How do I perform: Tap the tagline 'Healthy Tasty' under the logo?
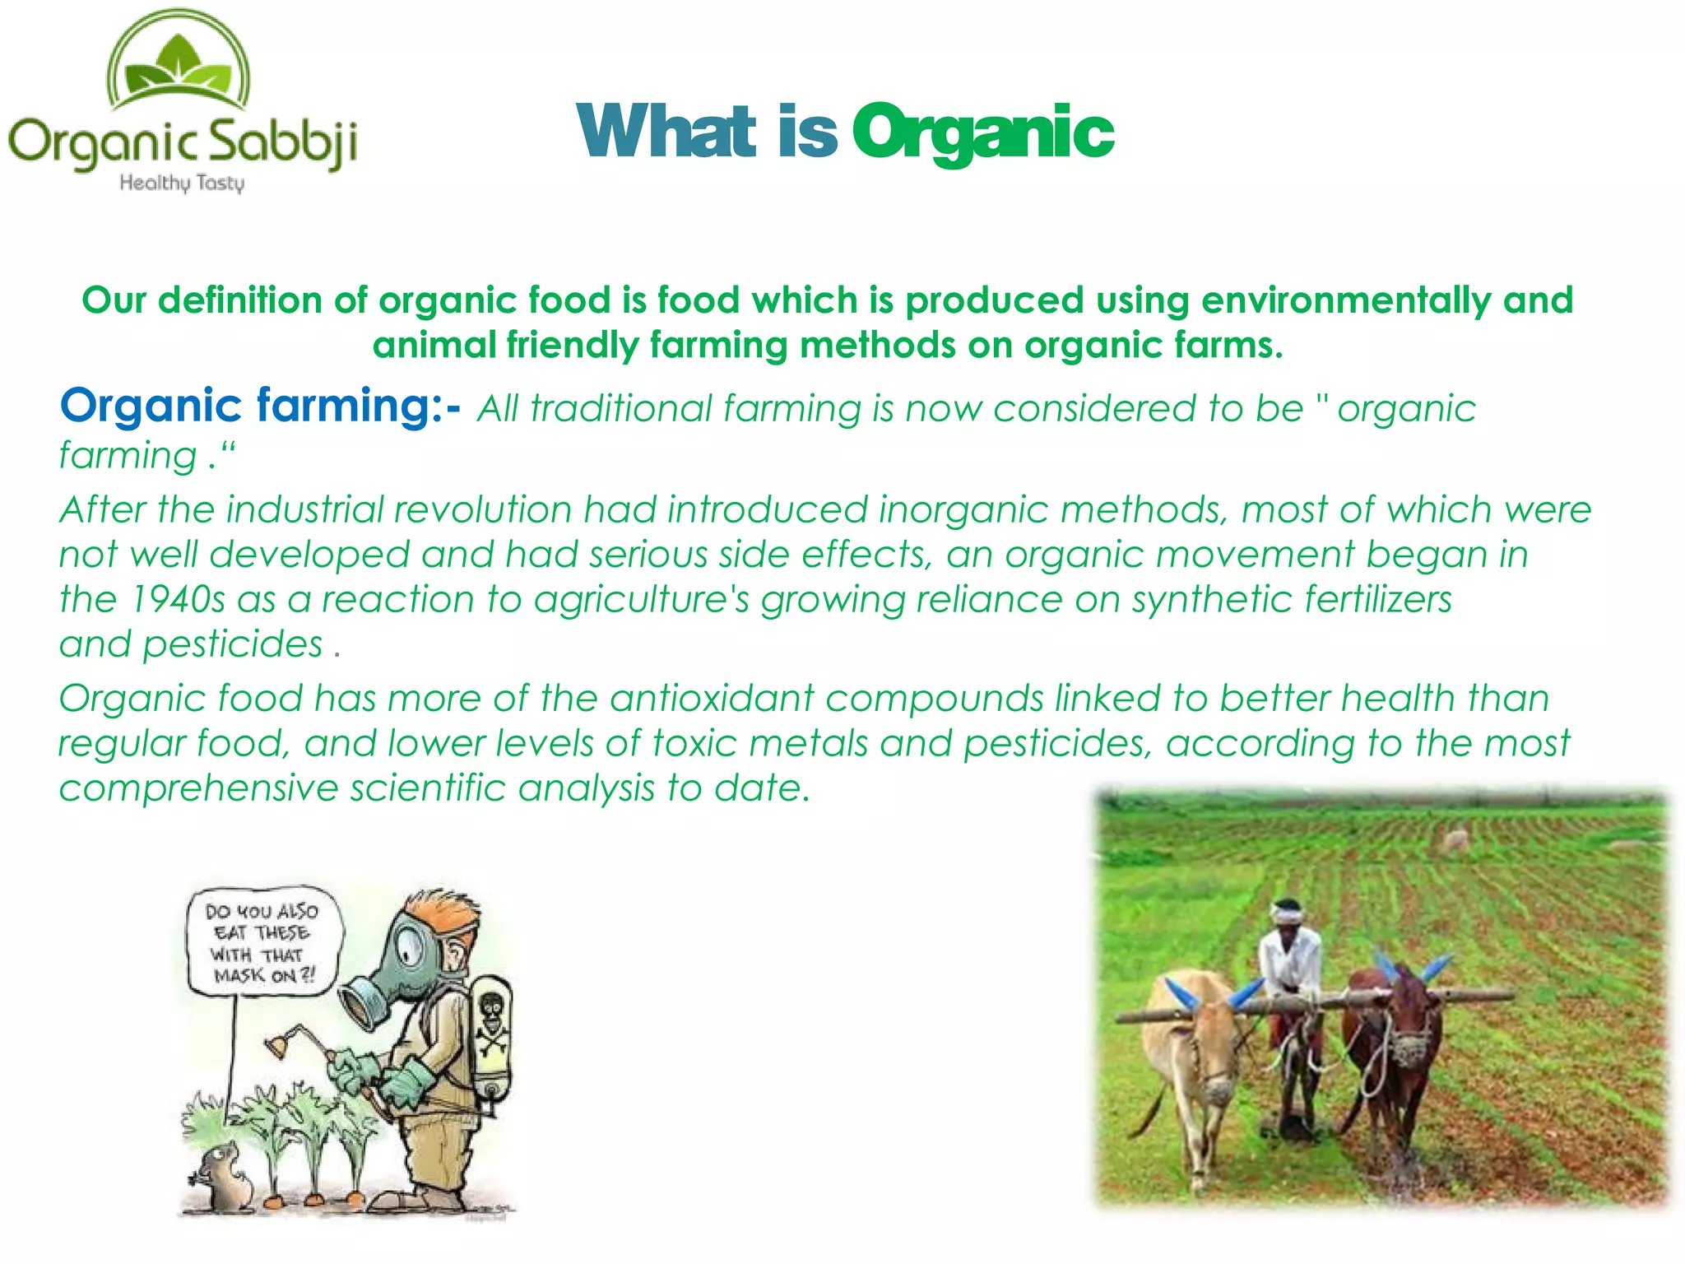click(182, 183)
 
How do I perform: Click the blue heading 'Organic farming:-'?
click(259, 406)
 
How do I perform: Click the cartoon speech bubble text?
click(262, 943)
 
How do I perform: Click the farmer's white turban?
click(1287, 911)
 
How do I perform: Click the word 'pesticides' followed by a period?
click(232, 644)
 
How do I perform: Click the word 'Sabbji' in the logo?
click(280, 142)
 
